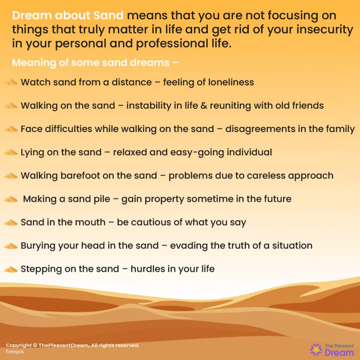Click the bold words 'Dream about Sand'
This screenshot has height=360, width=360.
coord(67,16)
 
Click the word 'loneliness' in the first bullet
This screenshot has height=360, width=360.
coord(231,82)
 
